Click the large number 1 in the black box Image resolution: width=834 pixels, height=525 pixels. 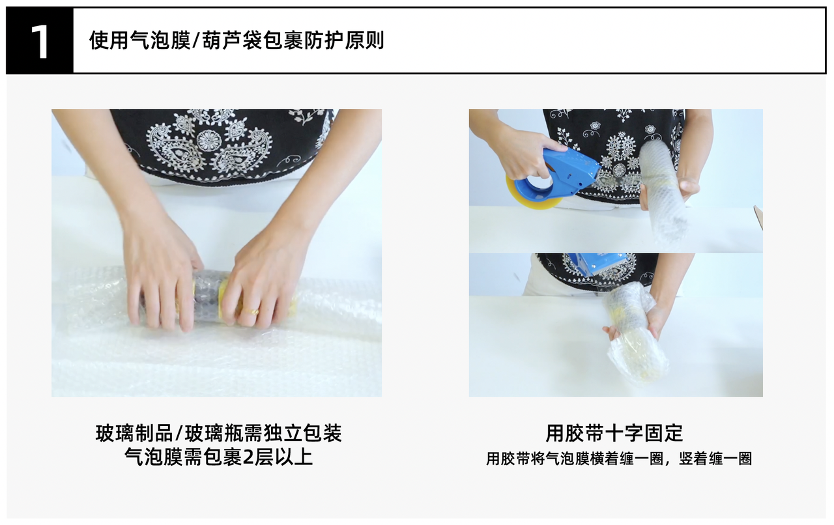point(40,42)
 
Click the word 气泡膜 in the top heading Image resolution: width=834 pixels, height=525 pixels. point(160,40)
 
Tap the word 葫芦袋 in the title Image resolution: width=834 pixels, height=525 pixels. point(233,40)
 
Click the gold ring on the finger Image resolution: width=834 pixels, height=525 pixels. point(252,311)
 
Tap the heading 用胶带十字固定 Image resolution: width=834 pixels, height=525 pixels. point(614,433)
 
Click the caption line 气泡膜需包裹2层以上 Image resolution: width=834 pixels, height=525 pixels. point(218,457)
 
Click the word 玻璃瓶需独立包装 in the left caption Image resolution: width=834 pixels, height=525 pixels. point(264,433)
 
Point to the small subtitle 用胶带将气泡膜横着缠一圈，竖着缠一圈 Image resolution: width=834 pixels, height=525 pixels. point(619,459)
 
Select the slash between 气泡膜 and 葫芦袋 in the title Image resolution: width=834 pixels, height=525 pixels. point(196,40)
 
